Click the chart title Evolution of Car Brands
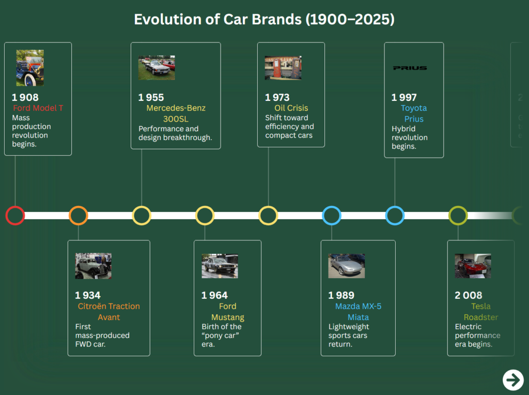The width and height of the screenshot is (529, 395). point(264,20)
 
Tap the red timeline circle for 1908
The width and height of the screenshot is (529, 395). point(15,215)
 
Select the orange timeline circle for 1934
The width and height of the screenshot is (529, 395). point(79,215)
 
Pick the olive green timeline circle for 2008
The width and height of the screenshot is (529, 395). point(458,215)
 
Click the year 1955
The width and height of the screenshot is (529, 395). point(151,97)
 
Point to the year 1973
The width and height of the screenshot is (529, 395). point(277,97)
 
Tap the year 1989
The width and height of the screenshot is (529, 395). point(341,295)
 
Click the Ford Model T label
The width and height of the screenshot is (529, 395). point(38,108)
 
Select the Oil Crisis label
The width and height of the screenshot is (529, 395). point(291,108)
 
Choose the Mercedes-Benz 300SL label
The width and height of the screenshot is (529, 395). point(176,114)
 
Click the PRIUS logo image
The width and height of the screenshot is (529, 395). point(410,68)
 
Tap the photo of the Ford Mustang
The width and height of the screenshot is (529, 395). point(220,266)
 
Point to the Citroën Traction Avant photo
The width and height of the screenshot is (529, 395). point(93,266)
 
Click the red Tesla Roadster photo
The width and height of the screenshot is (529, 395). point(473,266)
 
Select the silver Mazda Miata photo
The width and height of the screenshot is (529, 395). point(346,266)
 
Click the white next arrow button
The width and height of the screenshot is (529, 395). point(513,380)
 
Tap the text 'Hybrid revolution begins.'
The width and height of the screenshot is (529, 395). point(410,138)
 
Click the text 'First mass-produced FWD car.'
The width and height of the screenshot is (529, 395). point(102,335)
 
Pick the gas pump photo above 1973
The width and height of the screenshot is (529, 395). point(283,68)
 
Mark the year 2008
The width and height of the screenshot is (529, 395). point(468,295)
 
